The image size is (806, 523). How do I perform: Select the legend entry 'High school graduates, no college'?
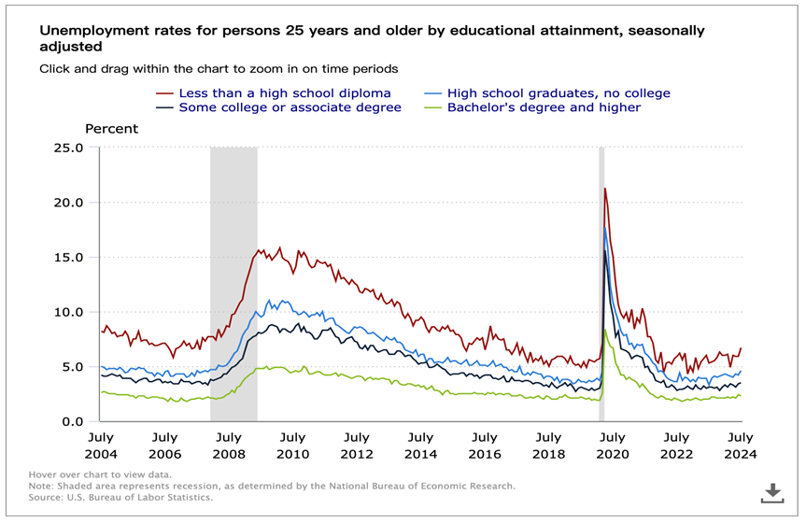click(559, 93)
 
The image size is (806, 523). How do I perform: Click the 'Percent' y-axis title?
click(111, 129)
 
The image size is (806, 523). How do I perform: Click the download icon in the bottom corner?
click(772, 492)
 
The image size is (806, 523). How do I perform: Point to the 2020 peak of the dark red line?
click(605, 190)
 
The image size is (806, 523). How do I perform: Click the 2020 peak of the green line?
click(606, 331)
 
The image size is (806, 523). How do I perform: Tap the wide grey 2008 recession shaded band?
click(233, 280)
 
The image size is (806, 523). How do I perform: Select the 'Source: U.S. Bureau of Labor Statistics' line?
click(120, 498)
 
